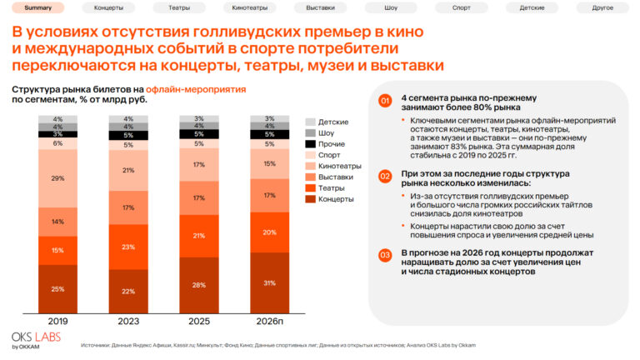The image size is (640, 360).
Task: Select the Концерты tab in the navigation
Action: (x=108, y=7)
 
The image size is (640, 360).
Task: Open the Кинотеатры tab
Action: (x=249, y=7)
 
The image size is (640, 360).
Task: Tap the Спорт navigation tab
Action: (x=461, y=7)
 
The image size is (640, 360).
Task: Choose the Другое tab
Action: (x=602, y=7)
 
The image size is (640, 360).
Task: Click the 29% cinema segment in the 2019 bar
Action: (x=57, y=178)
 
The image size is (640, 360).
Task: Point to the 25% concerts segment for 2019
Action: (x=57, y=289)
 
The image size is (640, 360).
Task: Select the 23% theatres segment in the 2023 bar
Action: (x=128, y=247)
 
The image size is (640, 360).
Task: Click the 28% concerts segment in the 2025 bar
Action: (x=199, y=285)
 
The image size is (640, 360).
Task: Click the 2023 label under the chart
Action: (x=128, y=322)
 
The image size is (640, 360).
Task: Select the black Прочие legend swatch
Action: (x=310, y=144)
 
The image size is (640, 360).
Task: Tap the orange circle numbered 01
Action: (x=384, y=102)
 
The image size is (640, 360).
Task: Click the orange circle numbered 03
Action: (x=384, y=255)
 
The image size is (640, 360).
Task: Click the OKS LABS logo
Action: (x=31, y=339)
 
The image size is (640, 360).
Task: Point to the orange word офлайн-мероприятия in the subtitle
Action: (x=197, y=89)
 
